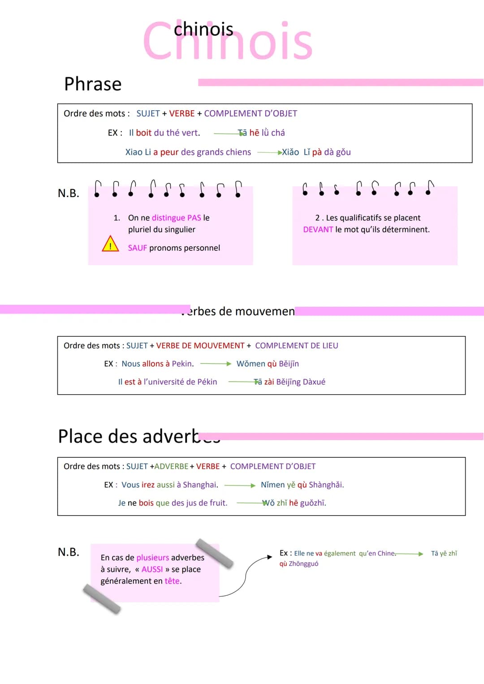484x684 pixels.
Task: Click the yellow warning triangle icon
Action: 110,245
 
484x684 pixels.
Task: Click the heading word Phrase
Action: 93,84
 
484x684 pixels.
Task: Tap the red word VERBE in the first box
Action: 182,113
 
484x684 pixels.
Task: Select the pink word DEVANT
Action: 318,229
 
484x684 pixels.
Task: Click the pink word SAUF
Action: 137,248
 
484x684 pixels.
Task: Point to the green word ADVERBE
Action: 171,466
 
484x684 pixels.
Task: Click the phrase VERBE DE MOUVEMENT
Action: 200,345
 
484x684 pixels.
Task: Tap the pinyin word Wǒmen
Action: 250,364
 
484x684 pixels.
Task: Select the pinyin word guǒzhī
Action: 313,503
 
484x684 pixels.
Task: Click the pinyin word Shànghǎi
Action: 326,485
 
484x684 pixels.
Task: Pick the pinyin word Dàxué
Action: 314,382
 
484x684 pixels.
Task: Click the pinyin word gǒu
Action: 343,152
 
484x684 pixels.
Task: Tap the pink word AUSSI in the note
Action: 152,569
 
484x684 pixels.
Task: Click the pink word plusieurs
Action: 152,558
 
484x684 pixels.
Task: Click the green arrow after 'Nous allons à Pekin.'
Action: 216,364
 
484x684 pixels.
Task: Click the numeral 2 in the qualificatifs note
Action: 317,218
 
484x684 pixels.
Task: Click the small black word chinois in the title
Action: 203,30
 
